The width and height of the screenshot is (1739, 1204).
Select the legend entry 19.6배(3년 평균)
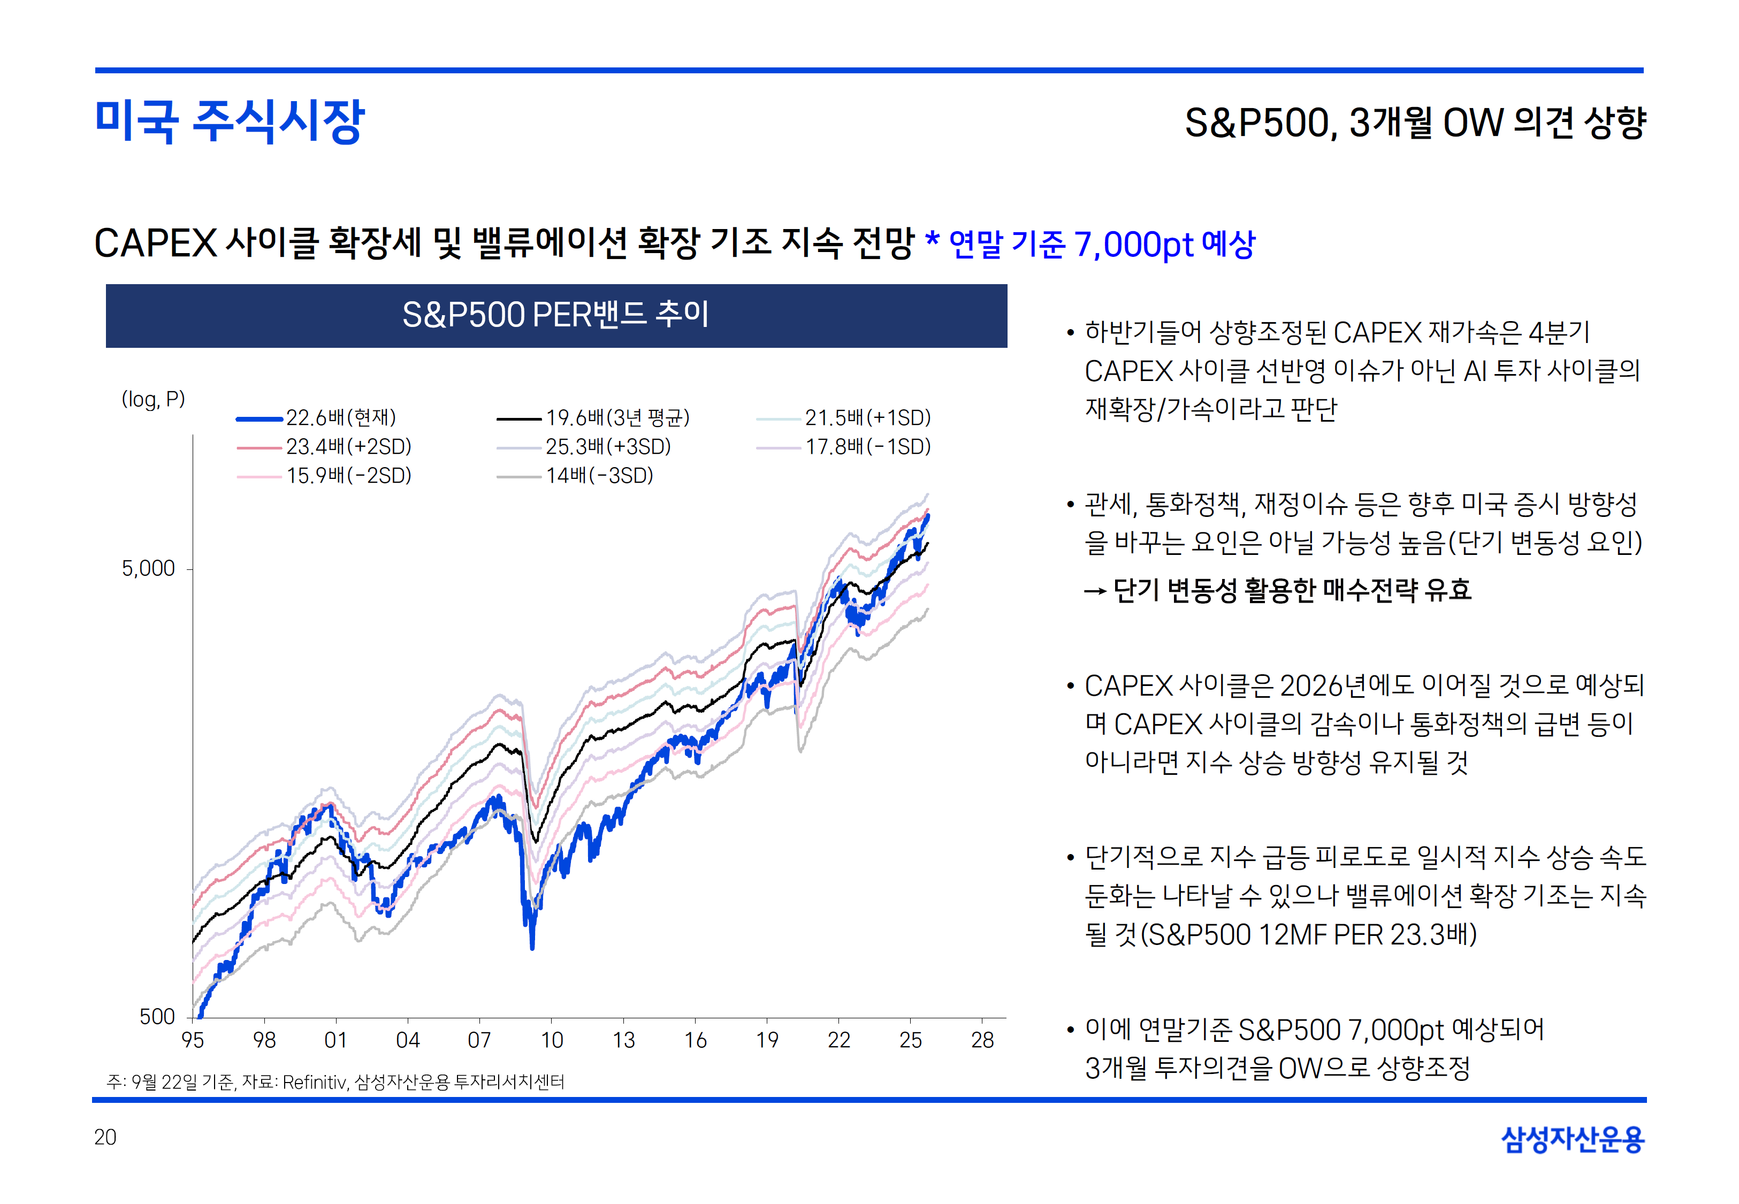617,418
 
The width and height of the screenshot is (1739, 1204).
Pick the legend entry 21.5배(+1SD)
867,418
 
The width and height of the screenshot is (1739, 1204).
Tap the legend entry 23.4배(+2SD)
348,447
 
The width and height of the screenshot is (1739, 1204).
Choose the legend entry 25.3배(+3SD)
608,447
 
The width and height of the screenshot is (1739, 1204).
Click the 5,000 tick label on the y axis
149,568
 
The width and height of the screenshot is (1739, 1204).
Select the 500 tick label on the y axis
157,1016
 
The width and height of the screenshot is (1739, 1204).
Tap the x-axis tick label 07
479,1040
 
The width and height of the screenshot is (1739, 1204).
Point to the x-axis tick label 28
982,1040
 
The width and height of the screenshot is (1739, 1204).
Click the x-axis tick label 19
767,1040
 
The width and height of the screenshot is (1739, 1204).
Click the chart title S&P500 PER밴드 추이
556,315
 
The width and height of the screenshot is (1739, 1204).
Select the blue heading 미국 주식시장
229,121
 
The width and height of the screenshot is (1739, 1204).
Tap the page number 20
105,1137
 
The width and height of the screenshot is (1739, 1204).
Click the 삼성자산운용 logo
1573,1139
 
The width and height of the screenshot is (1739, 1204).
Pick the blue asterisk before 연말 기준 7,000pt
932,240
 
